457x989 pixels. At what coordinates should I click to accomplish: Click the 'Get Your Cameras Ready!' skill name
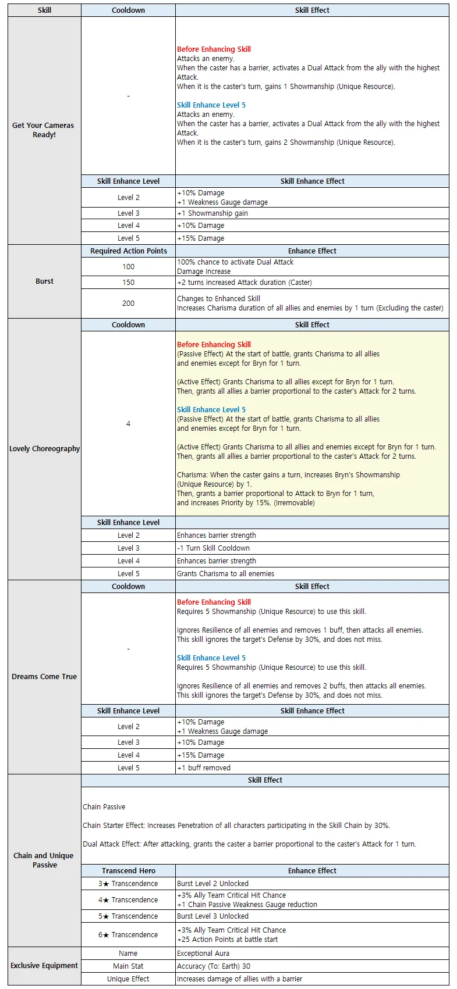coord(44,130)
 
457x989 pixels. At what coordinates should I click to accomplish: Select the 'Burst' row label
coord(44,281)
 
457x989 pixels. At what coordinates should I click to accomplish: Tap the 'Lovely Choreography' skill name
coord(44,448)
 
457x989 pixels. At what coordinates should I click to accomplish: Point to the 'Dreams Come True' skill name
coord(44,676)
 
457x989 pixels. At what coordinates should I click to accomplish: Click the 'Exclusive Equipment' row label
coord(44,965)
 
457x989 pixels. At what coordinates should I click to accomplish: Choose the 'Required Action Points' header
coord(128,251)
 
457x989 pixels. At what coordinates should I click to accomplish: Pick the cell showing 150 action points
coord(128,282)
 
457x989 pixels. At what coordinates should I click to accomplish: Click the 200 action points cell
coord(128,303)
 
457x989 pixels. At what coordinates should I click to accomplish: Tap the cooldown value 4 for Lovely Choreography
coord(128,423)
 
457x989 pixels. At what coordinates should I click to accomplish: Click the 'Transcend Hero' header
coord(128,870)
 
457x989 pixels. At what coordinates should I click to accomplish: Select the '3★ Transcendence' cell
coord(128,883)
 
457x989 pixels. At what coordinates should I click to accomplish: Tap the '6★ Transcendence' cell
coord(128,934)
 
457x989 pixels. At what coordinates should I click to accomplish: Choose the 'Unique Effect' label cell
coord(128,979)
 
